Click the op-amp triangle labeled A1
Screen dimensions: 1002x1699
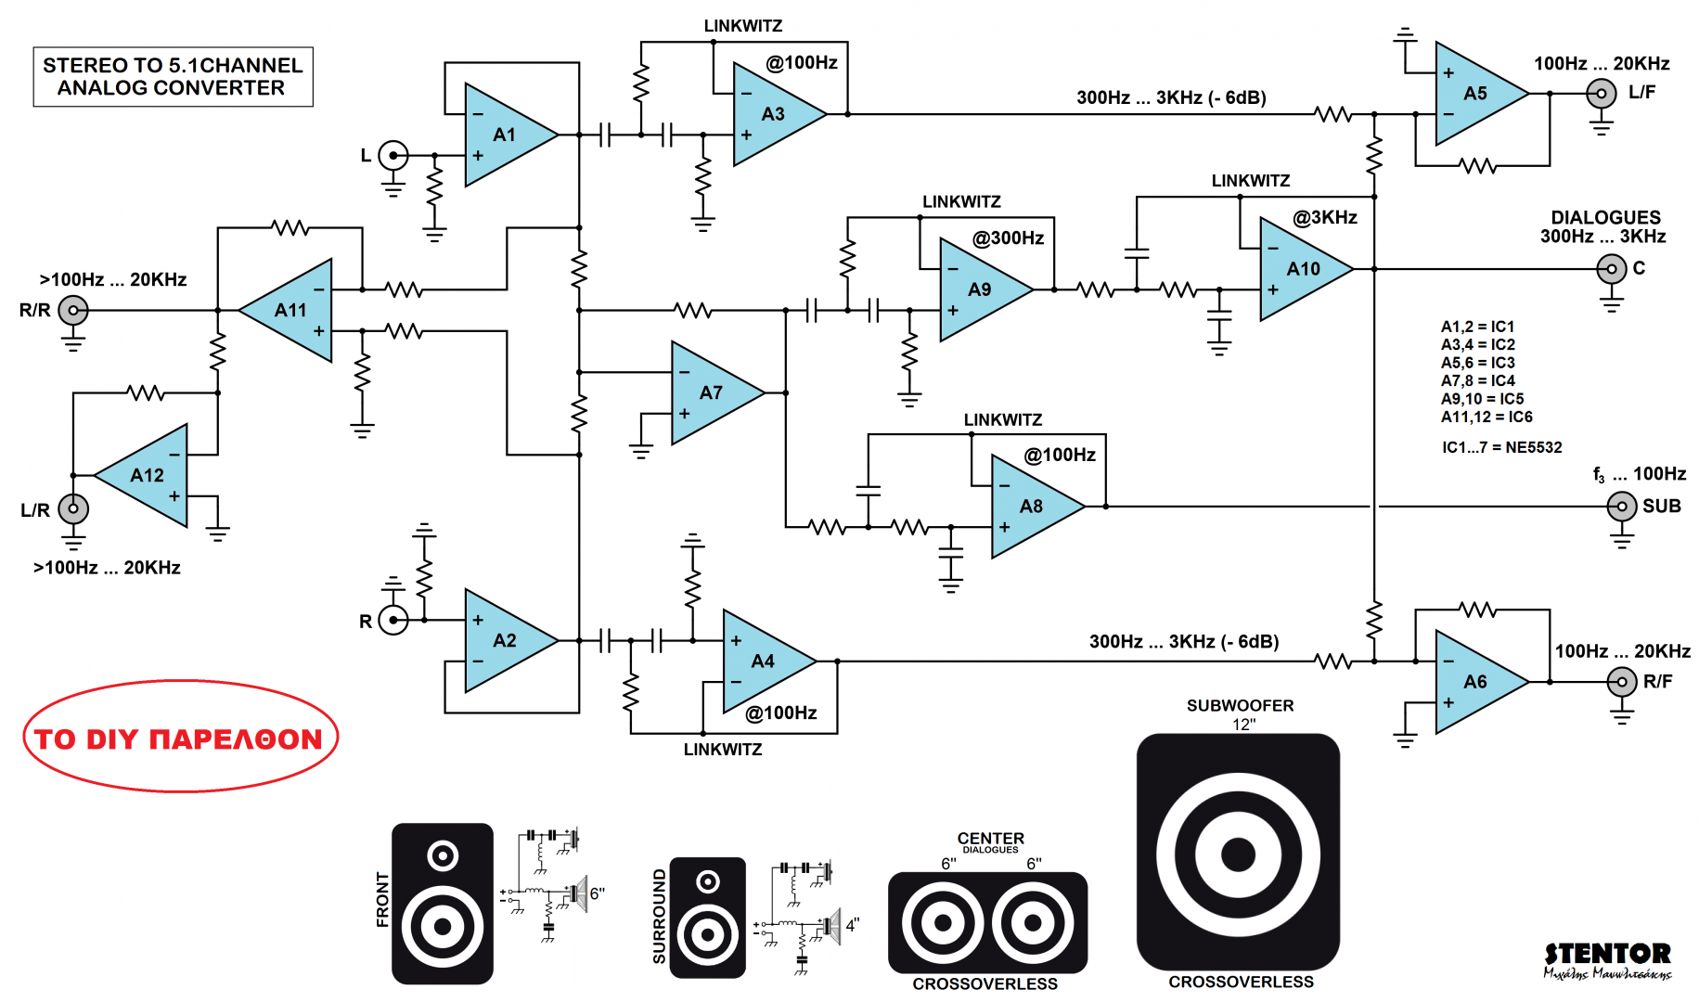(x=506, y=135)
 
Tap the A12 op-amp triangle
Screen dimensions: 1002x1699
(x=148, y=475)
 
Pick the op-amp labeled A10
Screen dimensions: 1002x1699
(x=1301, y=269)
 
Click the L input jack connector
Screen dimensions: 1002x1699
(x=393, y=155)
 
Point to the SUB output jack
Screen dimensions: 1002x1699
(x=1621, y=507)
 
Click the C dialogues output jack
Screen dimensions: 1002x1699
(x=1611, y=269)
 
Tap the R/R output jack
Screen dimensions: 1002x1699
(x=73, y=310)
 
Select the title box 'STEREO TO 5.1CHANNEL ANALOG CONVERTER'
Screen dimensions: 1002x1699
(x=173, y=77)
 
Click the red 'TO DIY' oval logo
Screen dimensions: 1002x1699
(x=180, y=738)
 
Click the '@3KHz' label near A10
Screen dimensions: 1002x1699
(x=1325, y=217)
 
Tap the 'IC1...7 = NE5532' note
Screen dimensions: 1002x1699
(x=1501, y=447)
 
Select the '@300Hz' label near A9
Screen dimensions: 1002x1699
(x=1008, y=238)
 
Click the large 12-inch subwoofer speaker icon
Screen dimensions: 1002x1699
(x=1238, y=853)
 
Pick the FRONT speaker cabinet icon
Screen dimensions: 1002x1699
(x=443, y=903)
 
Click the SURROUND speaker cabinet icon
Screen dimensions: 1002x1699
(x=707, y=918)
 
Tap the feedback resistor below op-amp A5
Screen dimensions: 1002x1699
(x=1478, y=166)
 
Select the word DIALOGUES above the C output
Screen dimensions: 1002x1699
(x=1605, y=217)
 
